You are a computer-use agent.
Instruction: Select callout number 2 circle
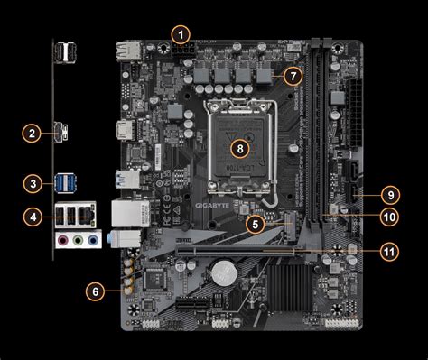pyautogui.click(x=32, y=134)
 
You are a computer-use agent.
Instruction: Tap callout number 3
pyautogui.click(x=32, y=185)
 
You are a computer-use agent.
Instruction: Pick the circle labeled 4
pyautogui.click(x=32, y=217)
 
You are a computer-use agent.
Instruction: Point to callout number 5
pyautogui.click(x=256, y=222)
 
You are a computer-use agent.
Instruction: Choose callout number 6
pyautogui.click(x=95, y=291)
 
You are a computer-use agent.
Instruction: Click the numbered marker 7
pyautogui.click(x=291, y=76)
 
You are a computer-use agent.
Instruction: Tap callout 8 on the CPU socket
pyautogui.click(x=239, y=146)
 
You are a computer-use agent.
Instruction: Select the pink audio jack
pyautogui.click(x=62, y=241)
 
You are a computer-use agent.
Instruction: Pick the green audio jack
pyautogui.click(x=79, y=241)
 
